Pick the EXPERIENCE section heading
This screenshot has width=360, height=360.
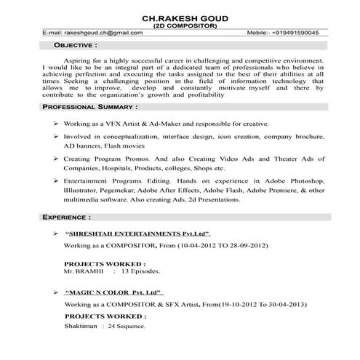66,217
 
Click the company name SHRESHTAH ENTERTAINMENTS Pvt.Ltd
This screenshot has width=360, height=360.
137,234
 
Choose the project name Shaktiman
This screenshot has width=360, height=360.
81,326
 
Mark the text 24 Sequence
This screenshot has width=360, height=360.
126,326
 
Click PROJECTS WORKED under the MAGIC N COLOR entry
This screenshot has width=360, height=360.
105,317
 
